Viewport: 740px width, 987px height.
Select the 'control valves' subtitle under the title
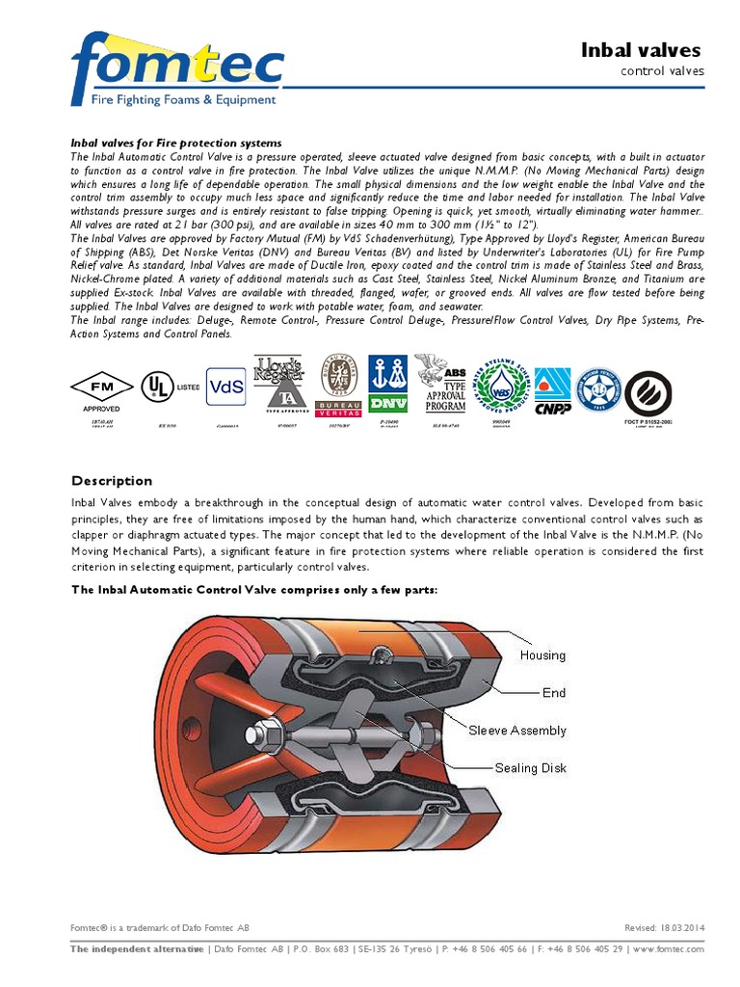pyautogui.click(x=662, y=71)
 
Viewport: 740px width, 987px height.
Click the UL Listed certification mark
pyautogui.click(x=160, y=387)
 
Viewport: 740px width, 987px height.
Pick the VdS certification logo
pyautogui.click(x=226, y=387)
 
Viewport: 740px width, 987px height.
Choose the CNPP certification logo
pyautogui.click(x=552, y=389)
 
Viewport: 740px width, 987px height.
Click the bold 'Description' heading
pyautogui.click(x=112, y=481)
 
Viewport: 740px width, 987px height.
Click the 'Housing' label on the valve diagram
pyautogui.click(x=542, y=655)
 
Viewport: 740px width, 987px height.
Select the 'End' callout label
pyautogui.click(x=554, y=692)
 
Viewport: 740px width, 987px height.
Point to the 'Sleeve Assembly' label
pyautogui.click(x=516, y=731)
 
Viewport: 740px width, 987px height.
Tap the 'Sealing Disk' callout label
pyautogui.click(x=530, y=768)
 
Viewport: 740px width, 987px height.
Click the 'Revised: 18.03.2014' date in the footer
pyautogui.click(x=665, y=927)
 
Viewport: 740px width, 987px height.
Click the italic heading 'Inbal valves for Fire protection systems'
pyautogui.click(x=175, y=143)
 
